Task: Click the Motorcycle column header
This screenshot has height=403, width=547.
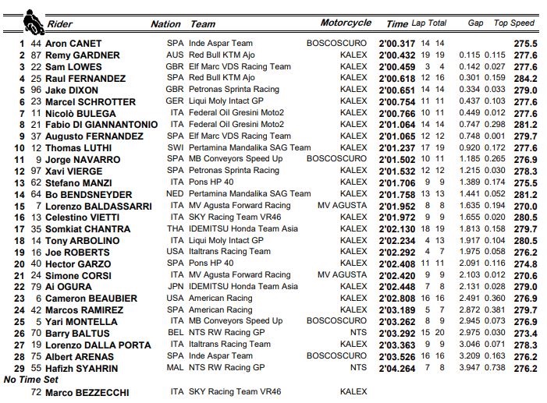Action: click(x=346, y=23)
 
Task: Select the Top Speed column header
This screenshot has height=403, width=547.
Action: click(x=513, y=23)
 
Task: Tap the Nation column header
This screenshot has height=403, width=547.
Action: click(x=165, y=24)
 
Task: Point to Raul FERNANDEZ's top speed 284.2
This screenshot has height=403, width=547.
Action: click(x=524, y=79)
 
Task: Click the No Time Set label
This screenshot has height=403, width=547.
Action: click(x=31, y=380)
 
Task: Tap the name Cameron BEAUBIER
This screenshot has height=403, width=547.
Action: click(x=90, y=299)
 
